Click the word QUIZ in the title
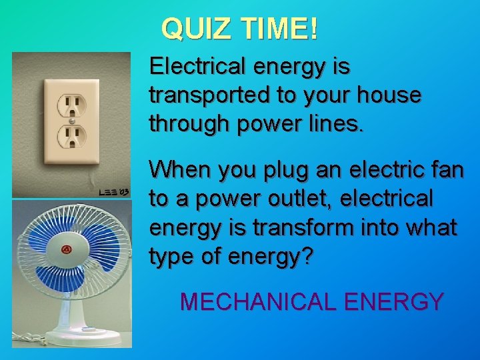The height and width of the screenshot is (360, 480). [191, 28]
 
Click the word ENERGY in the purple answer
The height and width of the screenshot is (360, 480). [393, 301]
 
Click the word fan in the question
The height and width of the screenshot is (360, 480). [446, 169]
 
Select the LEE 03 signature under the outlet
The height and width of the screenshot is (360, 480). [114, 191]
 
